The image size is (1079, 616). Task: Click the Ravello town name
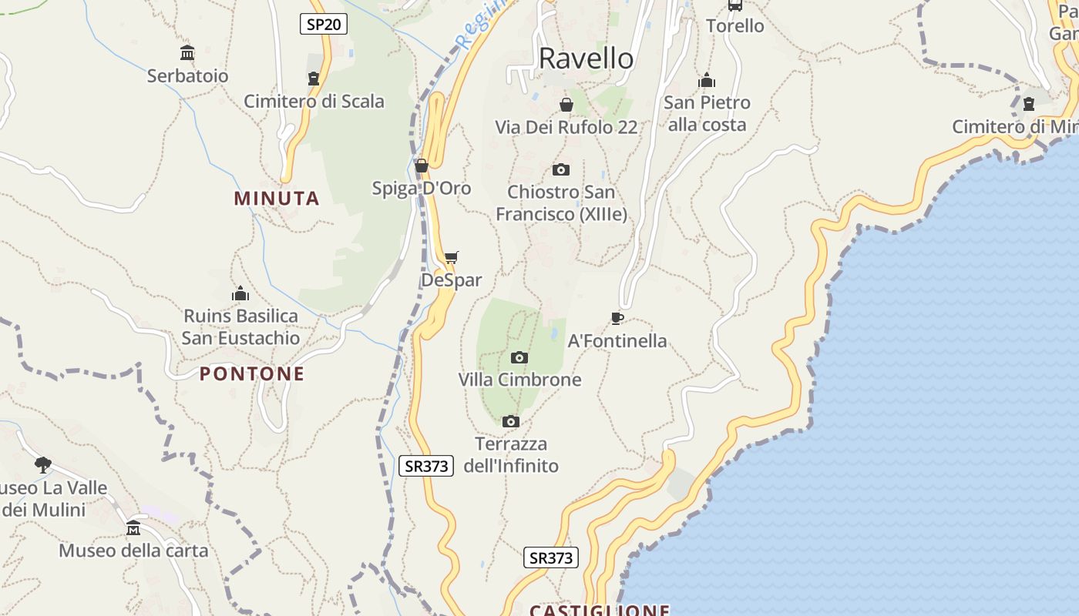click(x=586, y=59)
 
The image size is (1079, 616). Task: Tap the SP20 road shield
click(x=324, y=24)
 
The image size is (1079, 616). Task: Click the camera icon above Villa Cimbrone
click(x=519, y=357)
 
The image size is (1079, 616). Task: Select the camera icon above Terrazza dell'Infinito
click(x=510, y=421)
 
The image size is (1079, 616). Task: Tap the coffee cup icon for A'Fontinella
click(x=617, y=318)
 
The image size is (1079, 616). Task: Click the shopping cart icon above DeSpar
click(x=451, y=257)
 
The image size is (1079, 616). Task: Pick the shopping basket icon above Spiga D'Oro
click(x=421, y=166)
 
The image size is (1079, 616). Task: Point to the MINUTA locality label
click(x=277, y=199)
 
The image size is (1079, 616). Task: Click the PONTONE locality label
click(x=252, y=374)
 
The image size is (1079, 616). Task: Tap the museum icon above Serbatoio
click(x=187, y=53)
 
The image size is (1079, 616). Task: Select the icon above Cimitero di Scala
click(x=314, y=79)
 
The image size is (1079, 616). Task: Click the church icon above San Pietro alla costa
click(x=707, y=80)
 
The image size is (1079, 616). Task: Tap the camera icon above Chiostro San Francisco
click(x=561, y=169)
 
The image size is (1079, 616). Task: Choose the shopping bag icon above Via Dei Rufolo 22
click(x=566, y=105)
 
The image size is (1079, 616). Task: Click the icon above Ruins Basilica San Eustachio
click(x=240, y=293)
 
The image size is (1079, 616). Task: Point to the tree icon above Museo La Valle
click(x=43, y=464)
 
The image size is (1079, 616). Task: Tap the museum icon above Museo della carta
click(x=133, y=527)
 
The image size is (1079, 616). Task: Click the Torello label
click(x=735, y=26)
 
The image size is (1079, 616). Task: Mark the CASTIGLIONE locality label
click(x=599, y=610)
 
